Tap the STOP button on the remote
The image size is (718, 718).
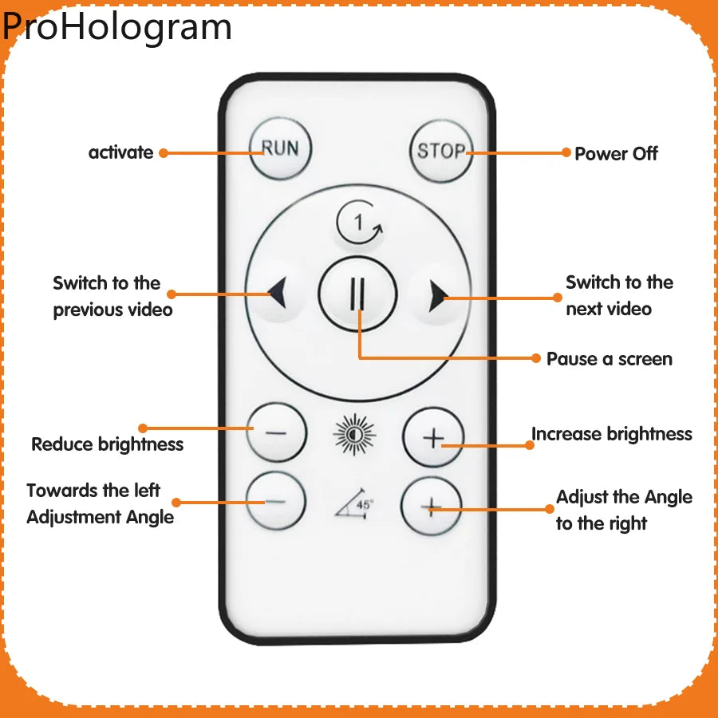click(x=440, y=151)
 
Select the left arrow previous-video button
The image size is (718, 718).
click(x=276, y=294)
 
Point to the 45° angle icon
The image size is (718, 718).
click(x=355, y=503)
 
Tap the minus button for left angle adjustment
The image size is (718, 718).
click(x=275, y=502)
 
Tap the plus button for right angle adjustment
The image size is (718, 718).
click(x=432, y=506)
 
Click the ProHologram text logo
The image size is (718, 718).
click(x=116, y=26)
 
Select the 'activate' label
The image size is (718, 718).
click(x=120, y=152)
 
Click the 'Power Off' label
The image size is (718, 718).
click(x=616, y=154)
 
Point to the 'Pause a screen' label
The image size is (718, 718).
click(x=609, y=359)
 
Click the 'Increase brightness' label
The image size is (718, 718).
click(x=612, y=434)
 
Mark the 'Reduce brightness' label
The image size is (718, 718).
click(x=108, y=444)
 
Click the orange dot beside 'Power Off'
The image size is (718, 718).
click(x=566, y=152)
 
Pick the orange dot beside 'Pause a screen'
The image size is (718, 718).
click(x=536, y=358)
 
